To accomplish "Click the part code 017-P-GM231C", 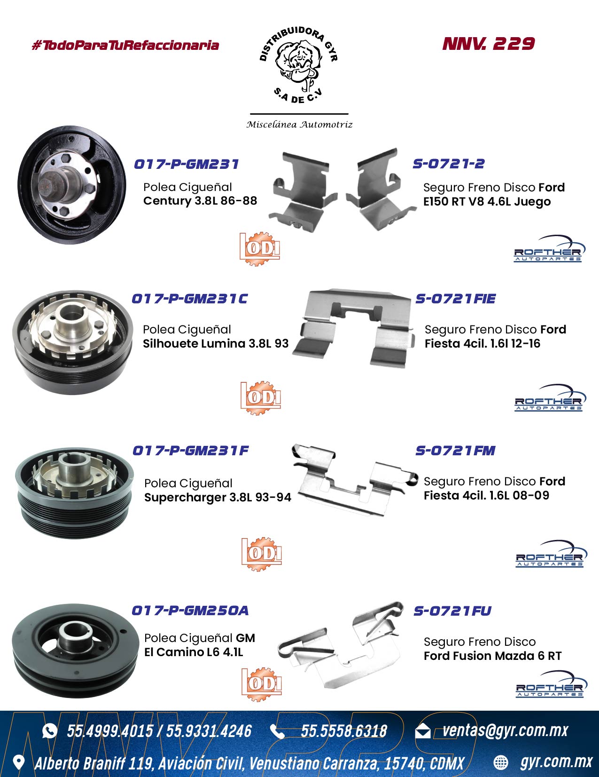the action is [x=190, y=299].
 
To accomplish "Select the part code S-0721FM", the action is [x=455, y=451].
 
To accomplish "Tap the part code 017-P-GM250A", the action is [x=190, y=610].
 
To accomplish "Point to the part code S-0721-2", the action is [x=449, y=163].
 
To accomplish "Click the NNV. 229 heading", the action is [x=489, y=44].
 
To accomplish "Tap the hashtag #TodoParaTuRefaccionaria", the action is [x=125, y=46].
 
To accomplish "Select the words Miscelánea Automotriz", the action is [x=299, y=125].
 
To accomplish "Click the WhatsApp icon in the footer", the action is [x=50, y=731].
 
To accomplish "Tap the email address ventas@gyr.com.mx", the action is [x=505, y=730].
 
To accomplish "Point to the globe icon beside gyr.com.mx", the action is [x=500, y=762].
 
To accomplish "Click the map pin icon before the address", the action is [x=19, y=762].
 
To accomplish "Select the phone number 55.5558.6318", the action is [x=343, y=731].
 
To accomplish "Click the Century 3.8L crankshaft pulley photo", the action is [x=72, y=185].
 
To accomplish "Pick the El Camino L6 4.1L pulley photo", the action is [x=75, y=651].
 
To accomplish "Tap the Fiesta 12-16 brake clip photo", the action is [x=354, y=327].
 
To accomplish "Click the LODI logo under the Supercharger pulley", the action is [x=262, y=554].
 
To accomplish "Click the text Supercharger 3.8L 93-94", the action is [x=218, y=497].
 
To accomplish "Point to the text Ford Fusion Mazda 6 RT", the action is [x=492, y=656].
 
